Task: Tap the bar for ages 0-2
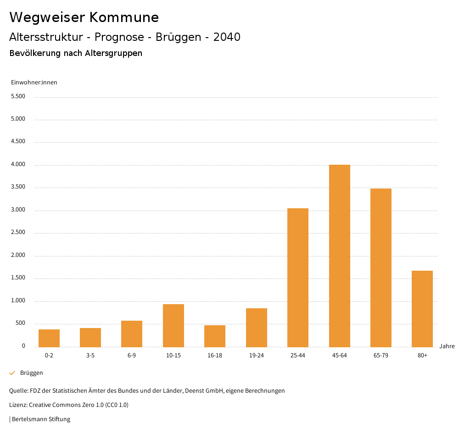pyautogui.click(x=49, y=338)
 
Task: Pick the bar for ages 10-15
pyautogui.click(x=173, y=325)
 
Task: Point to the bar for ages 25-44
pyautogui.click(x=298, y=278)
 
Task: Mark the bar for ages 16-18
pyautogui.click(x=215, y=336)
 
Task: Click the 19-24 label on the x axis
pyautogui.click(x=257, y=356)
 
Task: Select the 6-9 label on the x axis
pyautogui.click(x=132, y=356)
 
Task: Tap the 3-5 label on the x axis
pyautogui.click(x=90, y=356)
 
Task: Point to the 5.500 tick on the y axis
pyautogui.click(x=18, y=96)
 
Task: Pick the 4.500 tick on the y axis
pyautogui.click(x=18, y=141)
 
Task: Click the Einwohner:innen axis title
pyautogui.click(x=34, y=83)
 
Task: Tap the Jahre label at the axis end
pyautogui.click(x=447, y=346)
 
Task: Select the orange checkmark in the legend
pyautogui.click(x=12, y=373)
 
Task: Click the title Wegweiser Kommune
pyautogui.click(x=84, y=17)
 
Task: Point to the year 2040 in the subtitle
pyautogui.click(x=227, y=37)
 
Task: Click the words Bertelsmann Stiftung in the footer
pyautogui.click(x=41, y=419)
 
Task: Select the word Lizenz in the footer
pyautogui.click(x=18, y=405)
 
